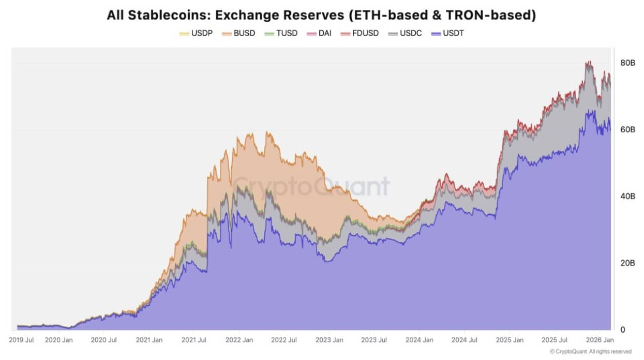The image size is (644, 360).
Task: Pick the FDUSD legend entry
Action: (360, 33)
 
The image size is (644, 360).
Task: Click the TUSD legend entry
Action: (282, 33)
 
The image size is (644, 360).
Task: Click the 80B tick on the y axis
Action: (627, 63)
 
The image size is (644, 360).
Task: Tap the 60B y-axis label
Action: (627, 129)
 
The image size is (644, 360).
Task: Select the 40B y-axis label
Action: (627, 196)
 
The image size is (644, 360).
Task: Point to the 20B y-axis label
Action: (627, 263)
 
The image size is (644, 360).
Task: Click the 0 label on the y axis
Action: (623, 329)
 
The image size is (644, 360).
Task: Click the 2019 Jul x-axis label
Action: (22, 340)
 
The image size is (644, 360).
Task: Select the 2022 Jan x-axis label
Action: (240, 340)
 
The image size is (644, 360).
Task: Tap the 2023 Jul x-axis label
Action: (374, 340)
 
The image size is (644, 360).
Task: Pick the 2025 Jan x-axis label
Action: (510, 340)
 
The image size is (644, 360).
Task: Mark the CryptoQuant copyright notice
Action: (590, 352)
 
